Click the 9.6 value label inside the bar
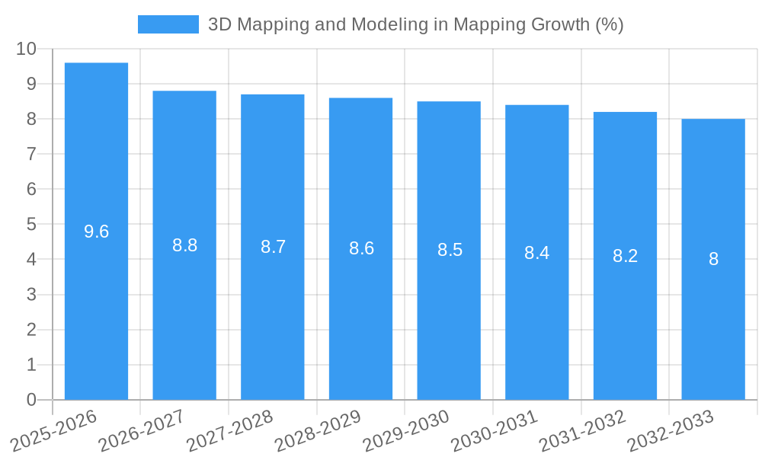point(96,232)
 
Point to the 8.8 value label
point(184,245)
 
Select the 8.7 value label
point(273,247)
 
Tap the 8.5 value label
point(450,250)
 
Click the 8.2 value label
point(625,256)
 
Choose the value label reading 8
point(713,259)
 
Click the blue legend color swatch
point(168,24)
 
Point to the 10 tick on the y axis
point(26,49)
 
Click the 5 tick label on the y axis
point(31,225)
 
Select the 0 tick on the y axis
point(31,400)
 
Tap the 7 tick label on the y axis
point(31,154)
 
